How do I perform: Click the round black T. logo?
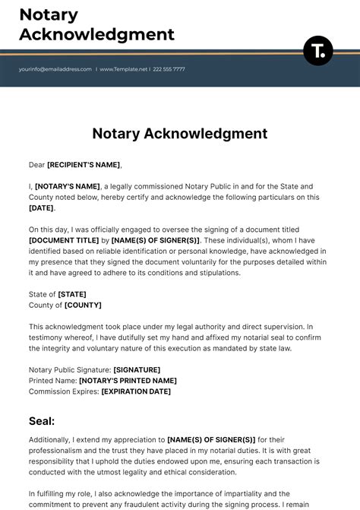[x=317, y=50]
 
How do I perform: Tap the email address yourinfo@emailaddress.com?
[x=55, y=69]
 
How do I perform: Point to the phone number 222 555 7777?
[x=169, y=69]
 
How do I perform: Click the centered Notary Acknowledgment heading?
[x=180, y=134]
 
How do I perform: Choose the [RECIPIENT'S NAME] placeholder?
[x=84, y=164]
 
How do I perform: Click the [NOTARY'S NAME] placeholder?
[x=68, y=186]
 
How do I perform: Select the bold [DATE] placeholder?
[x=41, y=207]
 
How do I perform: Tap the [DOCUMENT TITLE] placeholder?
[x=64, y=240]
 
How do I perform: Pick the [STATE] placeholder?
[x=72, y=294]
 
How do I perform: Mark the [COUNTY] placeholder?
[x=83, y=305]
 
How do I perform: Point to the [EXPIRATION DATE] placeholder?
[x=135, y=391]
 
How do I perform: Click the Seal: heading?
[x=42, y=420]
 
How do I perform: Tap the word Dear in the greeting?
[x=37, y=164]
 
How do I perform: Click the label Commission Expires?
[x=64, y=391]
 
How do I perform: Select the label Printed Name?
[x=52, y=380]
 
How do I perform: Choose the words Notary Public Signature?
[x=69, y=369]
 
